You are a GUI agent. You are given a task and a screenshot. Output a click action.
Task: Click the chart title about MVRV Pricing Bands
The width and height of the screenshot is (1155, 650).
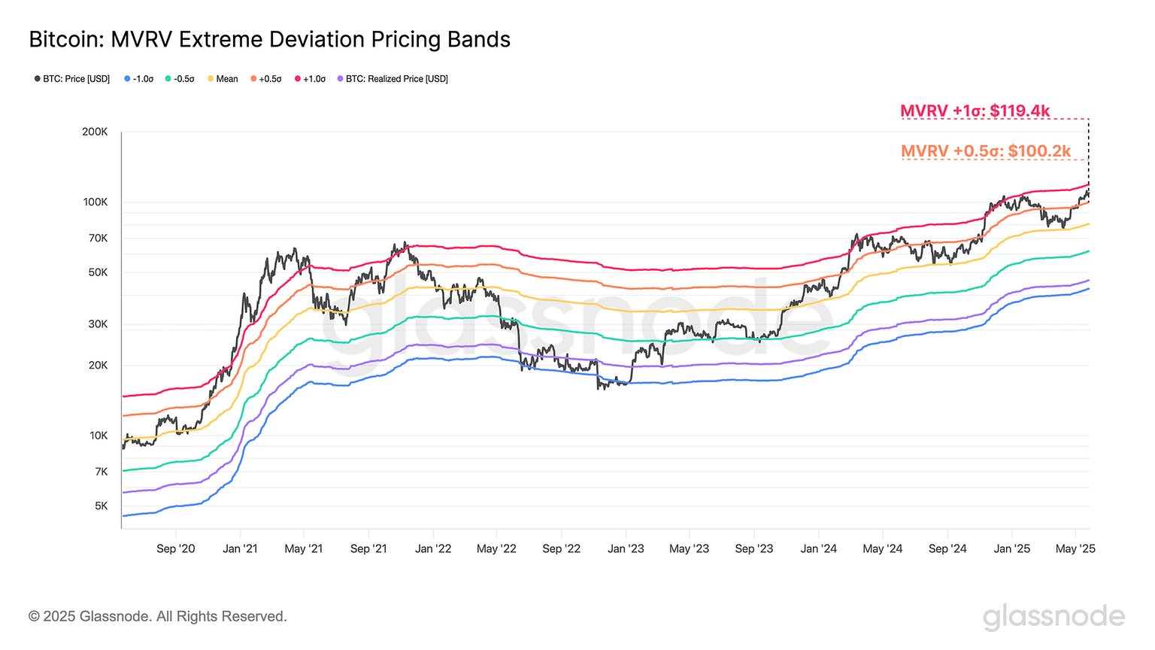click(269, 39)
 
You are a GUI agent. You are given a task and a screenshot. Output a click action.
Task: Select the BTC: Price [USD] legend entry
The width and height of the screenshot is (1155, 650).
click(72, 79)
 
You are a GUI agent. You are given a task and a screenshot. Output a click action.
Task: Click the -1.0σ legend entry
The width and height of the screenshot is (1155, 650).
click(139, 79)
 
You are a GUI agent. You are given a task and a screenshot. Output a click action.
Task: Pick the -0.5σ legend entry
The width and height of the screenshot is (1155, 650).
click(180, 79)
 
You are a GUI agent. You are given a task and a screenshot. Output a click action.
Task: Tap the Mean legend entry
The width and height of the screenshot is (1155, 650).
click(223, 79)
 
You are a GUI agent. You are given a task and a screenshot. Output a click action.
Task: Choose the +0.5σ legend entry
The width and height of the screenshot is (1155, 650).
click(266, 79)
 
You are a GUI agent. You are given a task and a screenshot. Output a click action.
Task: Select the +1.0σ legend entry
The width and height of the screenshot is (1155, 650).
click(310, 79)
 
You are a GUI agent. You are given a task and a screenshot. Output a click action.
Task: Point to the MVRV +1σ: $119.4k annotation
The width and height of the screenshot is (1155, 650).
click(975, 111)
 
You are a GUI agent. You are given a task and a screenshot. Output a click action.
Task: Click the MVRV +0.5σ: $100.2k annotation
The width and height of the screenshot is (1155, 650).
click(986, 151)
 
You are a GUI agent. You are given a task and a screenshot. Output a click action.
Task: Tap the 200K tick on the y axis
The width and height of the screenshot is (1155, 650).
click(95, 132)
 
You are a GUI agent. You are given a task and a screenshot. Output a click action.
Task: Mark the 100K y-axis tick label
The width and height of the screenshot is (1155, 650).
click(95, 202)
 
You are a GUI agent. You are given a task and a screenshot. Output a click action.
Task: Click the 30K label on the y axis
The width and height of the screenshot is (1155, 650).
click(98, 324)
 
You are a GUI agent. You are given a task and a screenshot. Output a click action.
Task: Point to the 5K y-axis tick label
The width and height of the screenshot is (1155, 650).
click(101, 506)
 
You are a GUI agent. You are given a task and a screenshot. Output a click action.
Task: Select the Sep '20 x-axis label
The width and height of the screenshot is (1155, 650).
click(176, 548)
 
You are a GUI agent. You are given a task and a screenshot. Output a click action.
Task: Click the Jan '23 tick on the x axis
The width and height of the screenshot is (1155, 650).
click(626, 548)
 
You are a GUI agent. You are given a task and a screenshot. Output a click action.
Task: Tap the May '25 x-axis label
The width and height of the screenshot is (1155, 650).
click(1075, 548)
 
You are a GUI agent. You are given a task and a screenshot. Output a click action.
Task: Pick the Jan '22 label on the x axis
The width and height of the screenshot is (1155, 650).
click(433, 548)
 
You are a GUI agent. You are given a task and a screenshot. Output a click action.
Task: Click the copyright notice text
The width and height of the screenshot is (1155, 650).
click(158, 617)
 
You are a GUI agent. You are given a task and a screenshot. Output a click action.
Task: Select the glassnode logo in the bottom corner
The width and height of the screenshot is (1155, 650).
click(1053, 617)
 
